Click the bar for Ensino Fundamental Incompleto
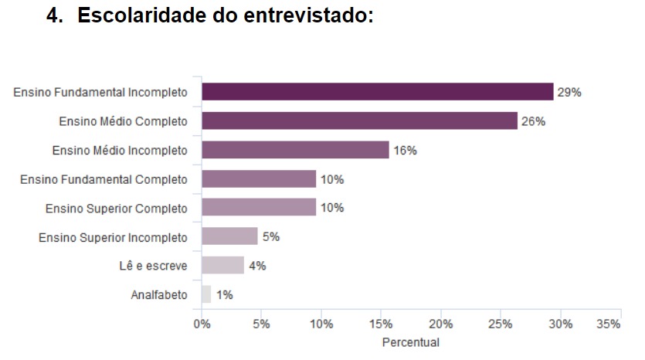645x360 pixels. (x=377, y=92)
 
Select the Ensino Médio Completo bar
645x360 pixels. (x=359, y=121)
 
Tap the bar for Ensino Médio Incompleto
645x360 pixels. (x=295, y=150)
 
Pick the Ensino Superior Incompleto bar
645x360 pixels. (x=229, y=236)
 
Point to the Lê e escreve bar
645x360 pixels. (x=222, y=266)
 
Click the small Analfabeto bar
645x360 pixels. (x=206, y=294)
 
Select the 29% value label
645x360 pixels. (x=569, y=92)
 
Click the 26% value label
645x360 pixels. (x=533, y=121)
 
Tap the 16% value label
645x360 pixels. (x=405, y=150)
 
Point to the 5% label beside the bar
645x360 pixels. (x=270, y=236)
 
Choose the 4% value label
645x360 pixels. (x=257, y=266)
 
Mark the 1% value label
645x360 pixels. (x=224, y=294)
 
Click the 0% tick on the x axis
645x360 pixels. (x=202, y=324)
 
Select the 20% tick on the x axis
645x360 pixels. (x=441, y=324)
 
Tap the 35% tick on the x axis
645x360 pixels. (x=609, y=324)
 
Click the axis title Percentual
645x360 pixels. (x=411, y=341)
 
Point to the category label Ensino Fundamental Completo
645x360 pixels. (x=104, y=179)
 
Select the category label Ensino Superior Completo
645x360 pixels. (x=117, y=208)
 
